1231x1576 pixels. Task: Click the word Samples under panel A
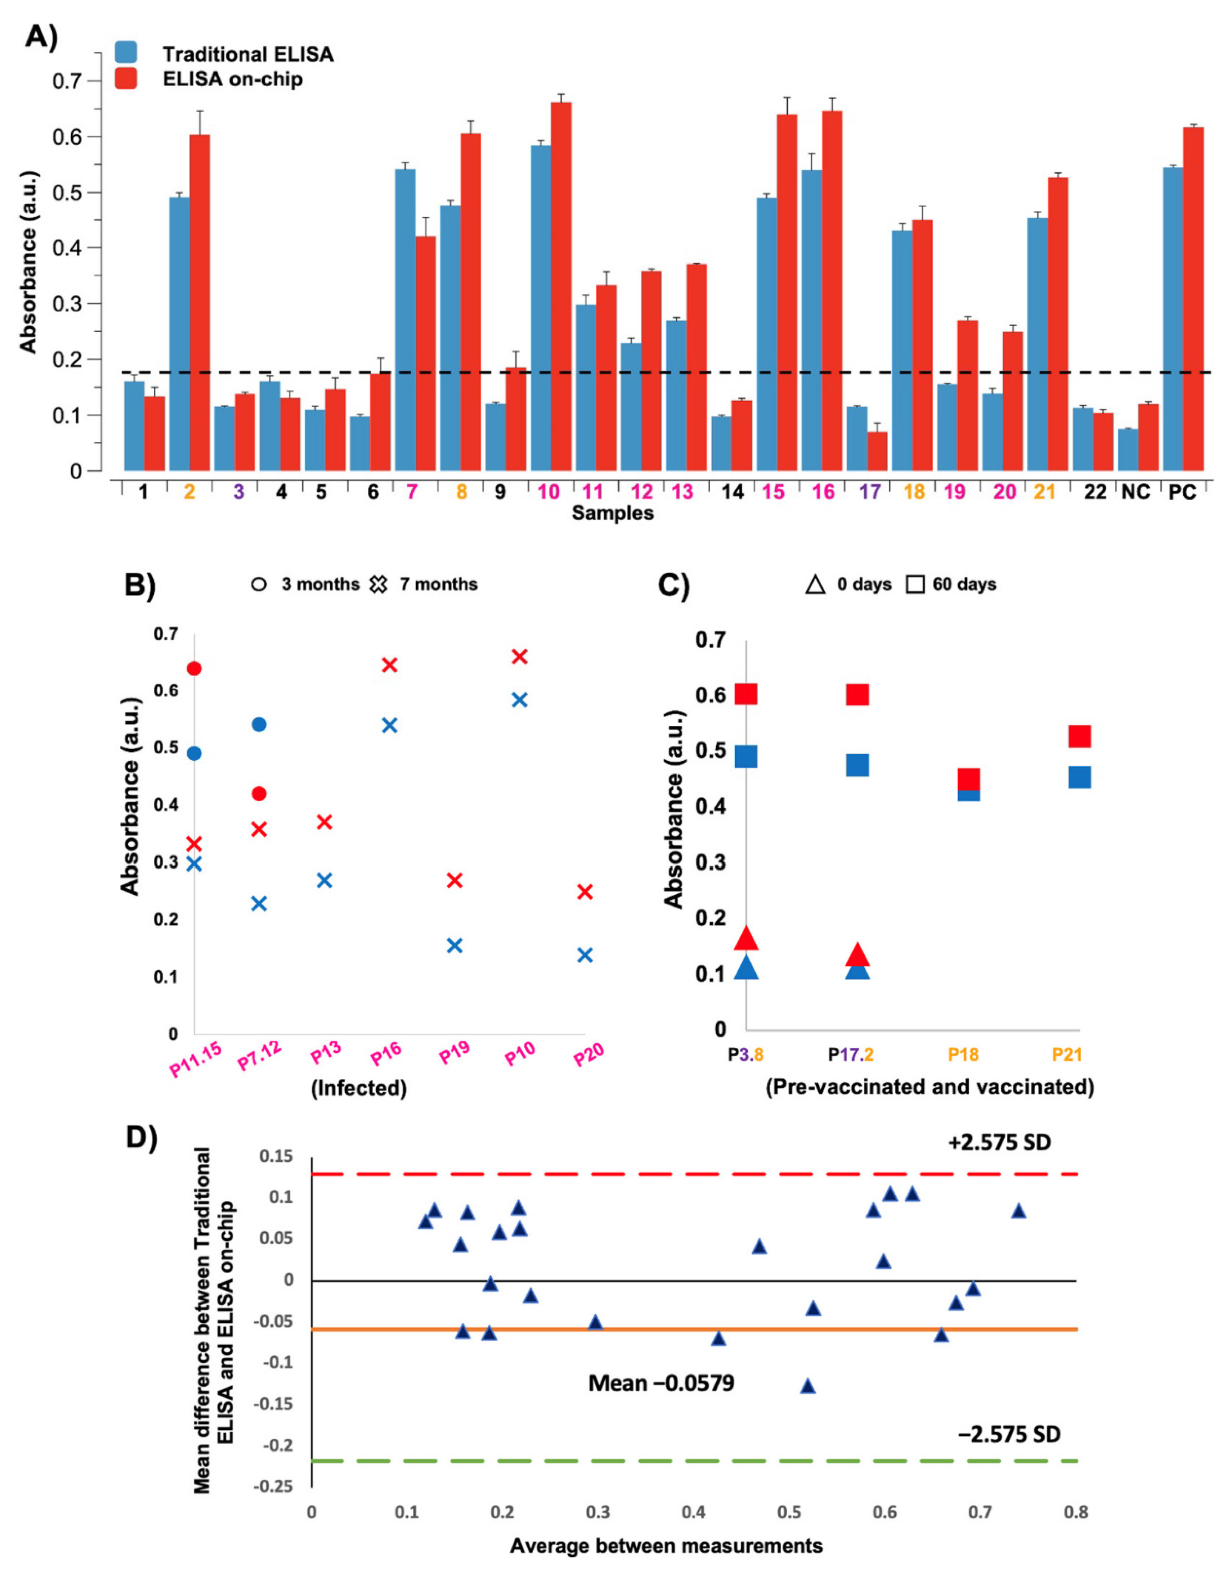[613, 513]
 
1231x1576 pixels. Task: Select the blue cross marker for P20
[585, 955]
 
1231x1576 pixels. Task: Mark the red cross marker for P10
[520, 656]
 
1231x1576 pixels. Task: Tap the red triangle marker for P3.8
[746, 939]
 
